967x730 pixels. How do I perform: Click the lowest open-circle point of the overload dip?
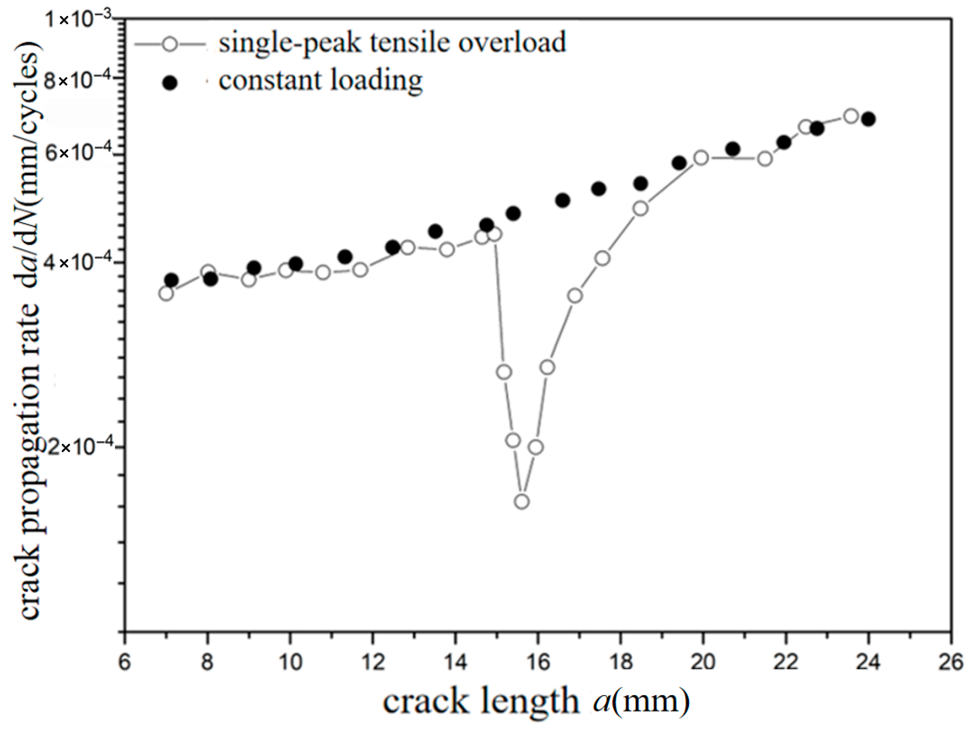pyautogui.click(x=521, y=502)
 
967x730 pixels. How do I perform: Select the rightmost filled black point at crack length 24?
pyautogui.click(x=868, y=119)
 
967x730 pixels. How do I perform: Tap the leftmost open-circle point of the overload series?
pyautogui.click(x=166, y=293)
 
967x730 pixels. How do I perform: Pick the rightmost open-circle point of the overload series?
pyautogui.click(x=851, y=116)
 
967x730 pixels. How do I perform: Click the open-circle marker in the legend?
pyautogui.click(x=170, y=44)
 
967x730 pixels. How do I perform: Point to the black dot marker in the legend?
pyautogui.click(x=170, y=83)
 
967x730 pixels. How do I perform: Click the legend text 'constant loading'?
pyautogui.click(x=320, y=81)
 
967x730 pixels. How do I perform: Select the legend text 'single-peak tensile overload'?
pyautogui.click(x=392, y=42)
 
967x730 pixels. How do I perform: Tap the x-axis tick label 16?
pyautogui.click(x=538, y=662)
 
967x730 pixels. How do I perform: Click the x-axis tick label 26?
pyautogui.click(x=951, y=662)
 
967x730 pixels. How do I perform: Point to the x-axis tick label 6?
pyautogui.click(x=124, y=662)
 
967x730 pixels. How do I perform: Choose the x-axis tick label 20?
pyautogui.click(x=703, y=662)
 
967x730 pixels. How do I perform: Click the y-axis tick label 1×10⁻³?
pyautogui.click(x=78, y=20)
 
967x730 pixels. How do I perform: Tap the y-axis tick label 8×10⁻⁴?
pyautogui.click(x=78, y=81)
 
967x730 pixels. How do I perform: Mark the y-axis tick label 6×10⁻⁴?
pyautogui.click(x=78, y=153)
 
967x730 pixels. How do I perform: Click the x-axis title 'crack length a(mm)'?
pyautogui.click(x=536, y=701)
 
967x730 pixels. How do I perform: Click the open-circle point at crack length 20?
pyautogui.click(x=701, y=158)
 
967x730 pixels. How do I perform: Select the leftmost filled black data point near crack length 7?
pyautogui.click(x=171, y=280)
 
